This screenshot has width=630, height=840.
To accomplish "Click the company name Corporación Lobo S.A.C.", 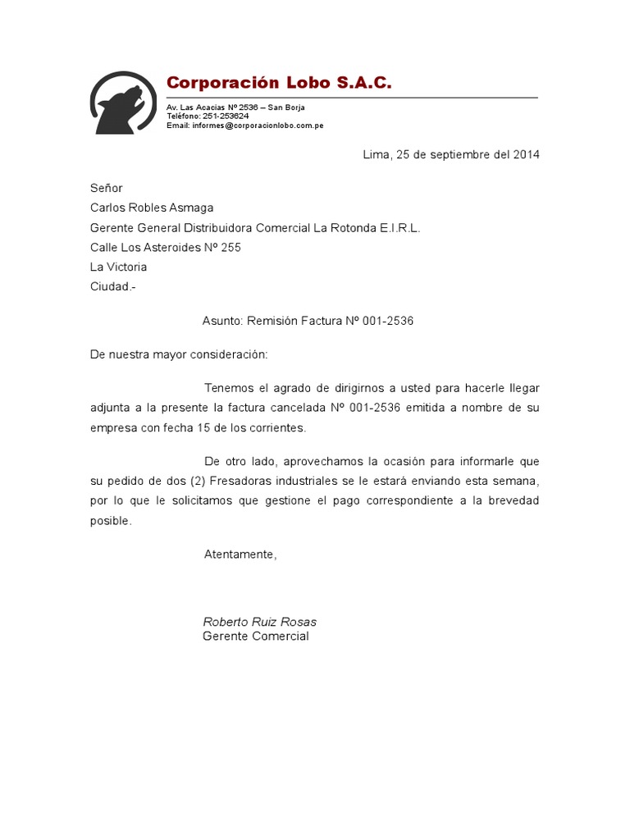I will (279, 83).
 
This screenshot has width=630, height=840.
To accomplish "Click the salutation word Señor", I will (106, 188).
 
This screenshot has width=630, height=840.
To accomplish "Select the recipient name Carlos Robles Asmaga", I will (152, 208).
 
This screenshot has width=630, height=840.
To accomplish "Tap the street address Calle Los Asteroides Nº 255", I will (166, 247).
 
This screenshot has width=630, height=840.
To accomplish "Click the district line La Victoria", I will (119, 267).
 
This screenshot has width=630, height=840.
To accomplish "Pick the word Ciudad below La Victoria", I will (110, 286).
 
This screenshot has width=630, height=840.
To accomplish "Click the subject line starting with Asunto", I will (308, 321).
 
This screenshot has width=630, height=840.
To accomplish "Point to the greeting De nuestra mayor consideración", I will (179, 354).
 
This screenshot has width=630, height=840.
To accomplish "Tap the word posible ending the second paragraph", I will (109, 521).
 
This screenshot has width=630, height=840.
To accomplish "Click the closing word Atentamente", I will (240, 555).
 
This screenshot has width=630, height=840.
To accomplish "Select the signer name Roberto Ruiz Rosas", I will (259, 622).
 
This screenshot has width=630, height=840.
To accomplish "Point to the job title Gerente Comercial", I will (256, 637).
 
